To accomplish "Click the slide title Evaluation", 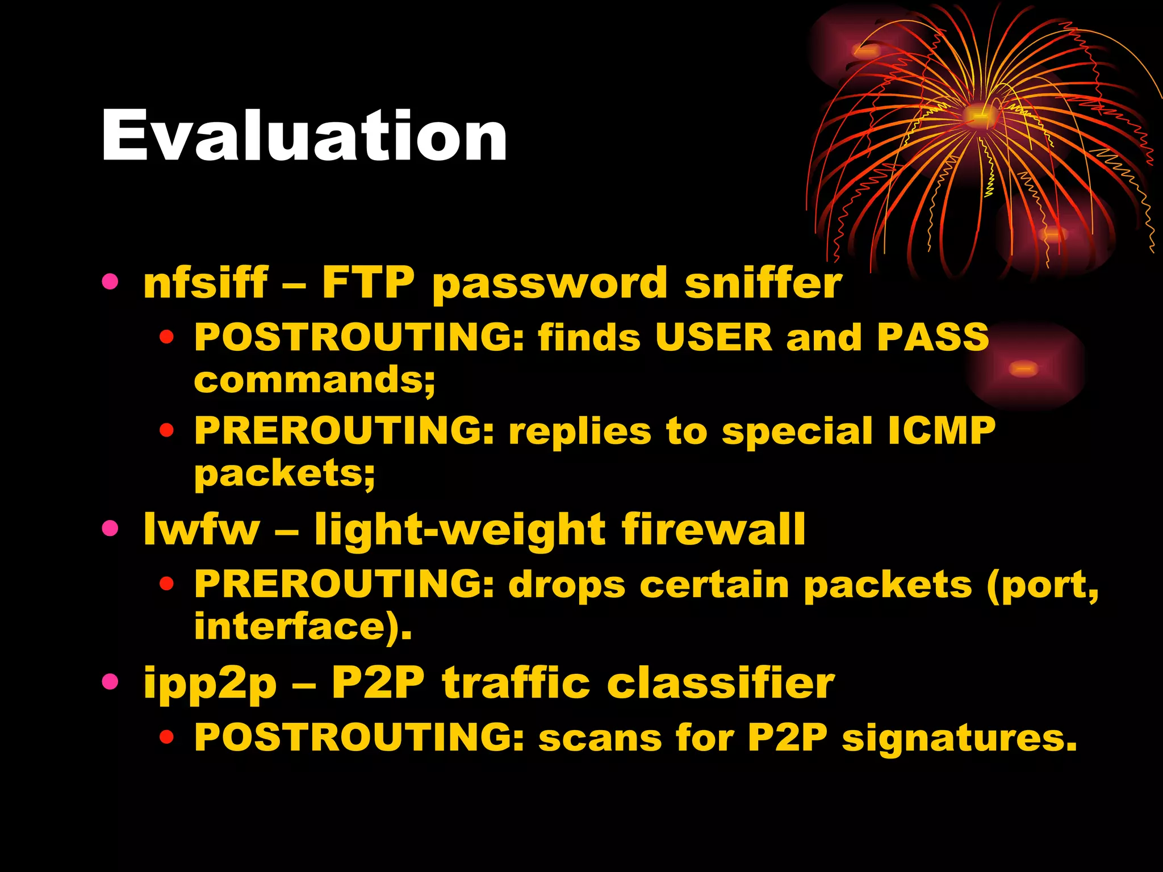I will [x=304, y=136].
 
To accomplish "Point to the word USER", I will [x=713, y=337].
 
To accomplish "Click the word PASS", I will [x=932, y=337].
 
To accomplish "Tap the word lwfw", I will [x=202, y=529].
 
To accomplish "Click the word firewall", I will [x=713, y=529].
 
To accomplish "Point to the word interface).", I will [x=303, y=627].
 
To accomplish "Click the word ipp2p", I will [x=210, y=684].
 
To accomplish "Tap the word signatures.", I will [x=959, y=738].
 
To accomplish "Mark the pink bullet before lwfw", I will [x=110, y=528].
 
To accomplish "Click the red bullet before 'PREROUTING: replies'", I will [x=166, y=430].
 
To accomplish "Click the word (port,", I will [x=1043, y=585].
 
